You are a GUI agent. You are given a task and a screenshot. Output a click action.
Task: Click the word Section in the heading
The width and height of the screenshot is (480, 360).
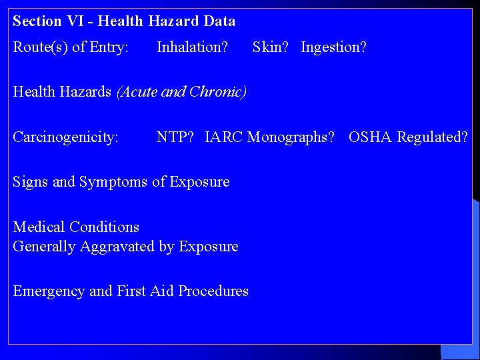(x=37, y=21)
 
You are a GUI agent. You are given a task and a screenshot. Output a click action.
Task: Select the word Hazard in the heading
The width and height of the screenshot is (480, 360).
(x=174, y=21)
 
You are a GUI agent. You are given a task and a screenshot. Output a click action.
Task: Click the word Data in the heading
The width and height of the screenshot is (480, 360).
(x=219, y=21)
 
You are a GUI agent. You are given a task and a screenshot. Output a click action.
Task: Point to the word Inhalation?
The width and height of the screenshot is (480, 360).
(x=192, y=47)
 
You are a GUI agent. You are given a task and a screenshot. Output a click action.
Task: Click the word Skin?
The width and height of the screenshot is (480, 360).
(x=273, y=47)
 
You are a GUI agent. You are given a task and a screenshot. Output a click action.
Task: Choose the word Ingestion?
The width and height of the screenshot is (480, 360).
(x=333, y=47)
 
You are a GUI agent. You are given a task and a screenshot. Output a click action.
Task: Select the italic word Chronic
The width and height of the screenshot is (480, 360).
(x=217, y=92)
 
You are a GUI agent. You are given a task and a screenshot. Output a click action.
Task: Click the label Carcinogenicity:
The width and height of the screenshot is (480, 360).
(x=65, y=137)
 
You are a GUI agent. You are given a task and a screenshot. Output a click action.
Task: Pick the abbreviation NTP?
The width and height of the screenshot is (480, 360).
(x=175, y=137)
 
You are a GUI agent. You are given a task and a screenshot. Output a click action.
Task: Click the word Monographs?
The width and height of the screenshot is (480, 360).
(x=291, y=137)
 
